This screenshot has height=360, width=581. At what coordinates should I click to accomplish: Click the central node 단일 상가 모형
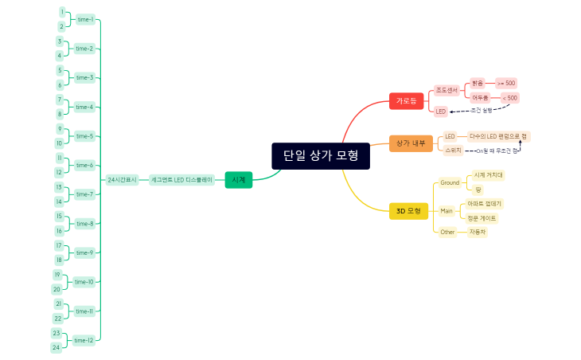tap(321, 156)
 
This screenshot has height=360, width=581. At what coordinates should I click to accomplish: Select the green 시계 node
tap(238, 180)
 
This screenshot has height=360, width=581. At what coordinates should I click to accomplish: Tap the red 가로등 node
tap(406, 101)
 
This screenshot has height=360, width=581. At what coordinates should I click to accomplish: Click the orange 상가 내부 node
tap(411, 143)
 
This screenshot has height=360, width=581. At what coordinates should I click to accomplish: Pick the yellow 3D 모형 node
tap(408, 211)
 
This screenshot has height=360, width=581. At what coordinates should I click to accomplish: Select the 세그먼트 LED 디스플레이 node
tap(182, 180)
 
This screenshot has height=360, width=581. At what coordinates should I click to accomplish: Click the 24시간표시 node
tap(123, 180)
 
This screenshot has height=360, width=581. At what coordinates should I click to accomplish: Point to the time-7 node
tap(84, 194)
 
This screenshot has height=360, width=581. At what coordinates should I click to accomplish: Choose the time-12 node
tap(84, 340)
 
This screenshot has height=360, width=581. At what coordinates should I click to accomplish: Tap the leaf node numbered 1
tap(62, 12)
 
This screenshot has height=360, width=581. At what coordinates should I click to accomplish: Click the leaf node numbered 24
tap(57, 347)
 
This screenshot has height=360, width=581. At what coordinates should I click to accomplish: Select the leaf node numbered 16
tap(59, 230)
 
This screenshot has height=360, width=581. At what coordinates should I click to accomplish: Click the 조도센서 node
tap(446, 90)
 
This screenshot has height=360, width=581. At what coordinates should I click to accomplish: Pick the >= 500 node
tap(505, 83)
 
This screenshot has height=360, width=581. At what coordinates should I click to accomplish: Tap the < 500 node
tap(509, 98)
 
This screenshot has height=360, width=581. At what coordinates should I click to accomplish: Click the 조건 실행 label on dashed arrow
tap(482, 110)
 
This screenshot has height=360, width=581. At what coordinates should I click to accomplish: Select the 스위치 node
tap(453, 150)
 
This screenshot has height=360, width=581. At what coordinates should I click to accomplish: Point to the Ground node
tap(450, 182)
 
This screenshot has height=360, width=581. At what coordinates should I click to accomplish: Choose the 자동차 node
tap(477, 232)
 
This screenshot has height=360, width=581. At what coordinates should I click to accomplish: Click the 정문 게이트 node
tap(482, 217)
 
